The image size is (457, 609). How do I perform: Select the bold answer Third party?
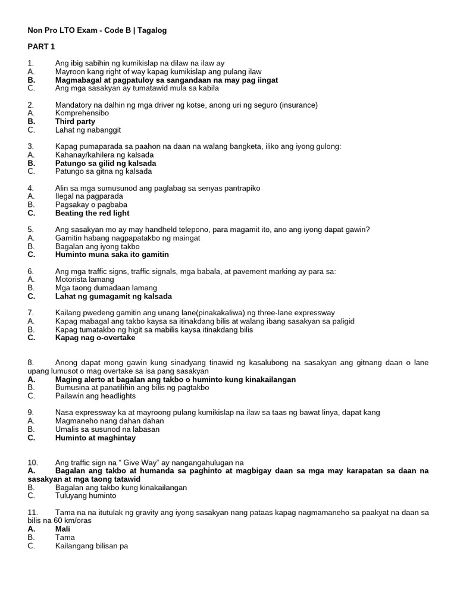pyautogui.click(x=75, y=121)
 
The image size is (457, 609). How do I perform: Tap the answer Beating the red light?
pyautogui.click(x=92, y=213)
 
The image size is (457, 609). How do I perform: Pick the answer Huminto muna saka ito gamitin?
pyautogui.click(x=112, y=255)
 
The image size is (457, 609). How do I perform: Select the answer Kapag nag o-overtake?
pyautogui.click(x=95, y=338)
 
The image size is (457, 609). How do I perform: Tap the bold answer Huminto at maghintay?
pyautogui.click(x=95, y=438)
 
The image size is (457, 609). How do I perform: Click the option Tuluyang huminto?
pyautogui.click(x=86, y=496)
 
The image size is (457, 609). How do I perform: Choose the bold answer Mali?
pyautogui.click(x=63, y=529)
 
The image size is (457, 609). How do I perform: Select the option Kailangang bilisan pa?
pyautogui.click(x=92, y=546)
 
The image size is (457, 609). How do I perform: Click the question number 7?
pyautogui.click(x=30, y=313)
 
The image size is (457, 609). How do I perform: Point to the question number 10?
pyautogui.click(x=33, y=463)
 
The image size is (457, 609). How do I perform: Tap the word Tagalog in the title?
pyautogui.click(x=152, y=30)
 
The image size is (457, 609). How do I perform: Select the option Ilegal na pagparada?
pyautogui.click(x=89, y=196)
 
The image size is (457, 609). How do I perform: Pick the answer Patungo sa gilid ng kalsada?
pyautogui.click(x=105, y=163)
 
